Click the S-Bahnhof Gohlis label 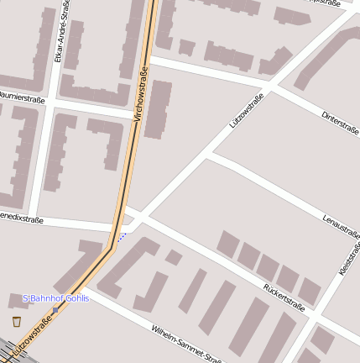[x=55, y=298]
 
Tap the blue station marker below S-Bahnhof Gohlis [x=55, y=309]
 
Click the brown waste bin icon [x=17, y=320]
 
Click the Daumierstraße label [x=22, y=98]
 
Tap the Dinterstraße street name [x=340, y=122]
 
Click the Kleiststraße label [x=347, y=263]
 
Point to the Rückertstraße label [x=284, y=297]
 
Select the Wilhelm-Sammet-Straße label [x=186, y=342]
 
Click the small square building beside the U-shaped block [x=174, y=257]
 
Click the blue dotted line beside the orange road [x=122, y=236]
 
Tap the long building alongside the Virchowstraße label [x=158, y=109]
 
